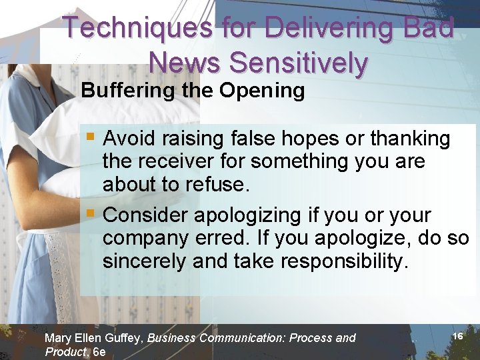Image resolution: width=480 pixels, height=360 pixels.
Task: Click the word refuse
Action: [x=217, y=185]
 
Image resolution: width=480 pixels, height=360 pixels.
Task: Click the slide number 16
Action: [x=457, y=337]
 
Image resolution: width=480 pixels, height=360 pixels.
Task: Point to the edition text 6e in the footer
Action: [x=99, y=351]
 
